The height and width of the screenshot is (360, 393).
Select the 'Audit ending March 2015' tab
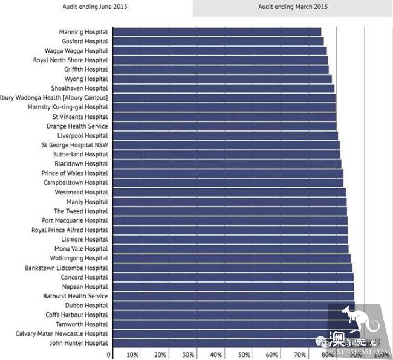293,7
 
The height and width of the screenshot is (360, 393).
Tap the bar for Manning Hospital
216,31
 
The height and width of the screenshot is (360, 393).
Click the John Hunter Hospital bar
233,343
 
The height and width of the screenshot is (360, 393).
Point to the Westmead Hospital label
81,192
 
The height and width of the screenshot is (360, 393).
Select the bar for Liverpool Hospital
225,135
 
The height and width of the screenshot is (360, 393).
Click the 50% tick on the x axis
244,355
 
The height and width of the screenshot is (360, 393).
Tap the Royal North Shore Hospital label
70,60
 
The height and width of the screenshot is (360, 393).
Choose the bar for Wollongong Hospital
232,258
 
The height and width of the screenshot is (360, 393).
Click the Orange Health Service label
77,126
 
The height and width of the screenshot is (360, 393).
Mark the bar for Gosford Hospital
218,41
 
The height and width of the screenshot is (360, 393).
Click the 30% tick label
188,355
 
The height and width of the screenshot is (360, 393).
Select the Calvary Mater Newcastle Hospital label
62,333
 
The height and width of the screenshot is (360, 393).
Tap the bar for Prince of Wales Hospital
228,173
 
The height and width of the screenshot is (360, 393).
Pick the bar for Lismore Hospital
230,239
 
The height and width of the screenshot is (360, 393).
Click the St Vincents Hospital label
80,117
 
